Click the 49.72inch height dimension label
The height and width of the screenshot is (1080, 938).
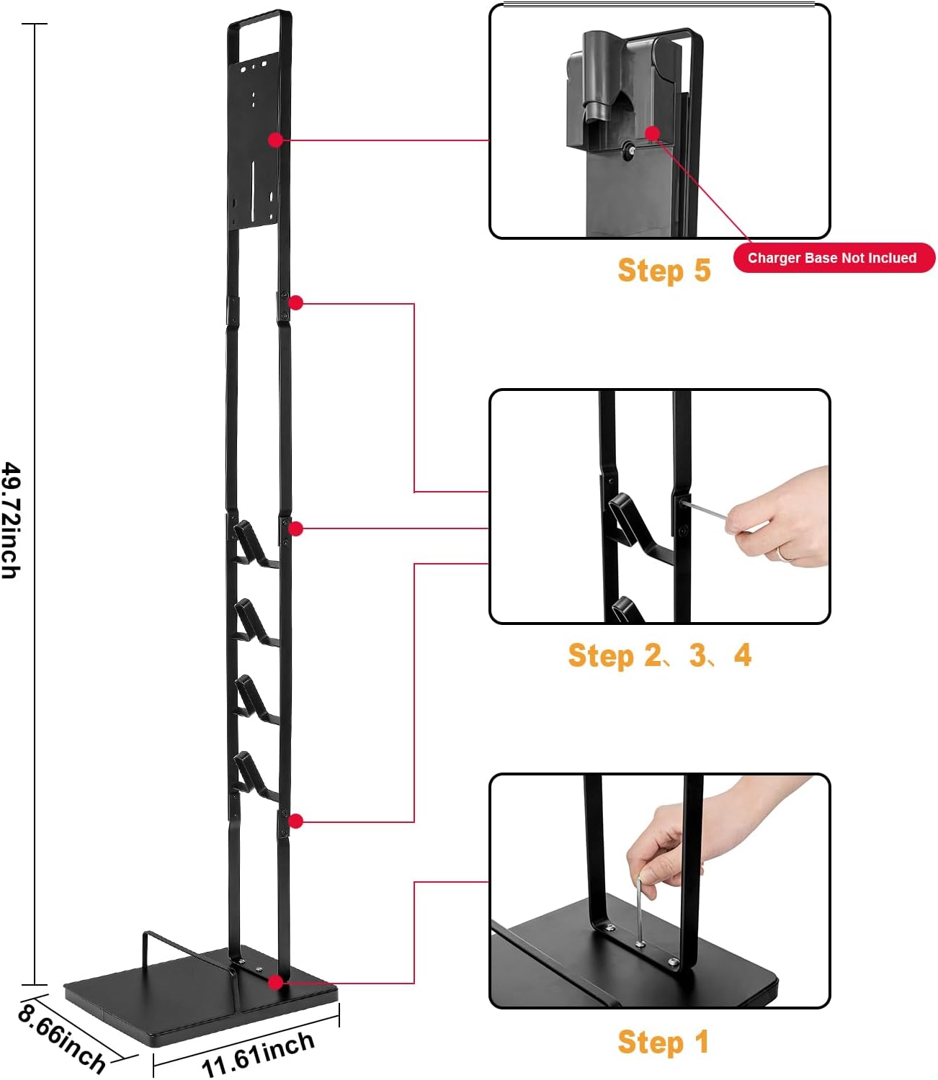pos(12,520)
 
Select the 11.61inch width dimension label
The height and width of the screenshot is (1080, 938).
pos(258,1053)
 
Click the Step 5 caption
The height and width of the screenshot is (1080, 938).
pos(664,271)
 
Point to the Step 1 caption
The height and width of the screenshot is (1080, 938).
pos(663,1042)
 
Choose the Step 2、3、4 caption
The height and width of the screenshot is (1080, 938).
pos(659,655)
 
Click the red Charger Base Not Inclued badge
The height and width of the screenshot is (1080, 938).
pos(834,258)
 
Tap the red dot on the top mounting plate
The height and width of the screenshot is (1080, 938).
pos(275,140)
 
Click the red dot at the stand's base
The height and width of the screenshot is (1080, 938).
pos(275,982)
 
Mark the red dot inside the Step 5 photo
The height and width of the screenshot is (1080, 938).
pos(653,133)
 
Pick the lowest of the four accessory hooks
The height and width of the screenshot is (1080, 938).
pos(252,775)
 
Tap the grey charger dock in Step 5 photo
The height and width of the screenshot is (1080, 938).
pos(620,94)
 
